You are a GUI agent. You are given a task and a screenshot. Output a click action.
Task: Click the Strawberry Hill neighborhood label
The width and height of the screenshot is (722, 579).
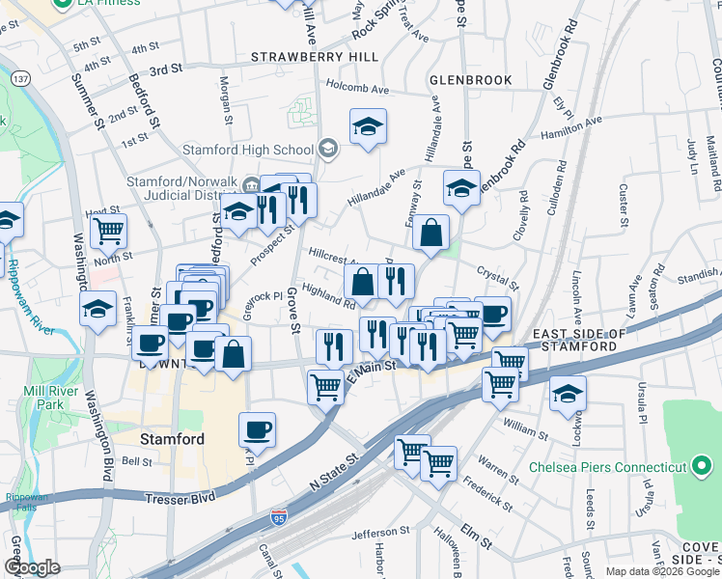coord(315,58)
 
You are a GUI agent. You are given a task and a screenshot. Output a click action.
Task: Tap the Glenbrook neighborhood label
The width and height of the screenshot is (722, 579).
coord(471,79)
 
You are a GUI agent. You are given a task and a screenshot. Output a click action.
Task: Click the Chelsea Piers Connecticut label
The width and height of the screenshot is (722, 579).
coord(607,468)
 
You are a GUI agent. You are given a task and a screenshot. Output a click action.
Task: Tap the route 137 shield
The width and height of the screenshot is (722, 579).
coord(19,77)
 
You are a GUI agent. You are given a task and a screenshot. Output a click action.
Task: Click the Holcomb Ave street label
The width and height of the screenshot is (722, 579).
coord(357,90)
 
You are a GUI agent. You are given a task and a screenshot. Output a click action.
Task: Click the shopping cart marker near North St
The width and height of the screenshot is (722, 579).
coord(109,232)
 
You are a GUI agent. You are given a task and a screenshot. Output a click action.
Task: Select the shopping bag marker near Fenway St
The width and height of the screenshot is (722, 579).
coord(430,232)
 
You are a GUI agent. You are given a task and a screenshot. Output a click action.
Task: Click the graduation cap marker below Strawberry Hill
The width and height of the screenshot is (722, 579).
coord(368,128)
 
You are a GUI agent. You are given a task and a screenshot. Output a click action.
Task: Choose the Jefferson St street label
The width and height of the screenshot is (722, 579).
coord(380,533)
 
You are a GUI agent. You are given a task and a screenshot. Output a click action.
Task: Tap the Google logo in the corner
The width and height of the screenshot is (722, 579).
coord(32,568)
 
